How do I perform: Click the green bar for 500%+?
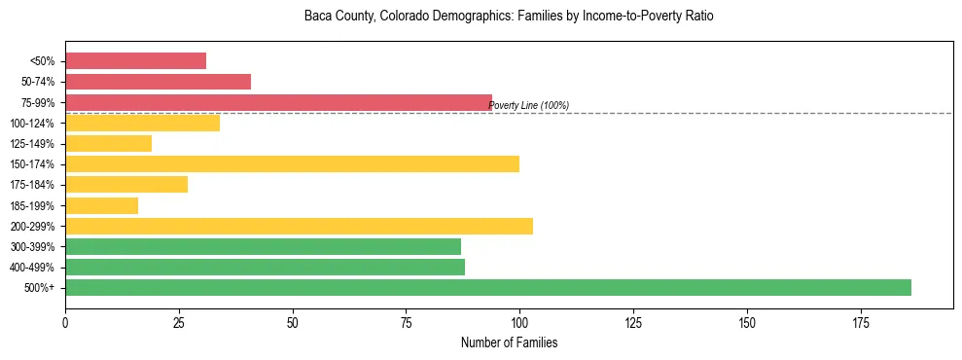click(x=487, y=287)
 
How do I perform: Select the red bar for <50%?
click(x=135, y=60)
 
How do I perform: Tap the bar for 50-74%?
click(x=158, y=82)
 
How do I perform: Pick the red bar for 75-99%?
click(x=278, y=102)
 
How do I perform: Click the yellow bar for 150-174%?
click(x=292, y=163)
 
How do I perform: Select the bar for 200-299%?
click(x=299, y=226)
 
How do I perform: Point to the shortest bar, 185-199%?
click(x=101, y=205)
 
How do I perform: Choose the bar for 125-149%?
click(x=108, y=143)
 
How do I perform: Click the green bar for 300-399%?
click(x=263, y=246)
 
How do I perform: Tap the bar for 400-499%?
click(x=265, y=267)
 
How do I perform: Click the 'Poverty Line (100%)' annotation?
click(x=528, y=106)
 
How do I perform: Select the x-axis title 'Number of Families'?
click(x=509, y=343)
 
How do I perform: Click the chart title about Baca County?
click(x=509, y=17)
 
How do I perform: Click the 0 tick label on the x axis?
click(x=65, y=322)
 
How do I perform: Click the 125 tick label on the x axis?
click(x=633, y=322)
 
